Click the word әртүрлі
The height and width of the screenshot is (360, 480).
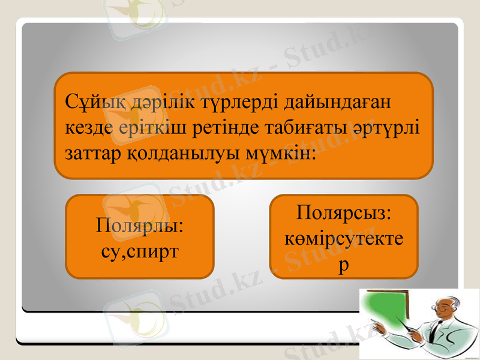click(391, 128)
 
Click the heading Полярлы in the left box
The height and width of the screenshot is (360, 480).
click(140, 227)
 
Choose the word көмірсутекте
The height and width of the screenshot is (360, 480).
click(344, 239)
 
